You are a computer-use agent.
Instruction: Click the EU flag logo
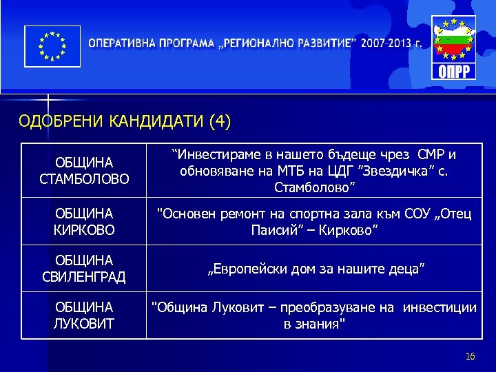click(52, 46)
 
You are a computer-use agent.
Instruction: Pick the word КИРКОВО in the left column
click(83, 227)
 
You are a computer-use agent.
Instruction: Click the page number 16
click(471, 356)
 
